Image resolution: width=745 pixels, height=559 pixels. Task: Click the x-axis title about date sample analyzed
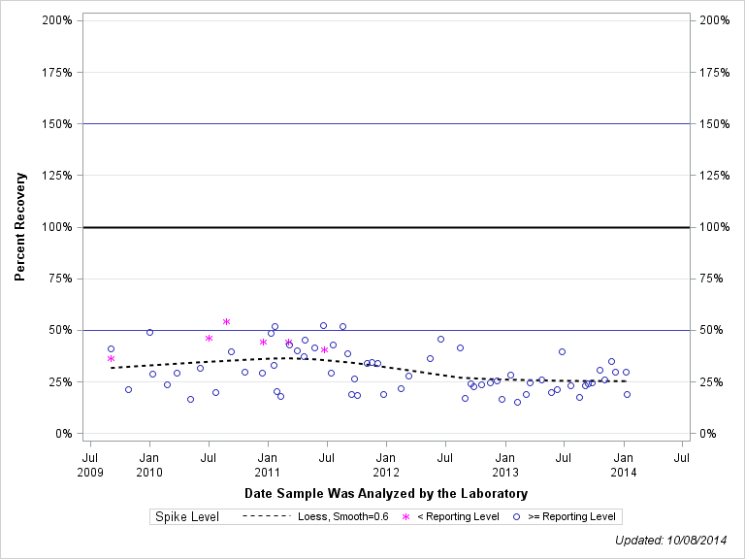pos(386,493)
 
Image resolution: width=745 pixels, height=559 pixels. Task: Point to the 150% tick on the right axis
pos(716,123)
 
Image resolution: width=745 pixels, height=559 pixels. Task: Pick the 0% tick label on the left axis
pos(63,434)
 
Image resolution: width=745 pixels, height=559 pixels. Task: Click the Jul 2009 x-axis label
pos(90,464)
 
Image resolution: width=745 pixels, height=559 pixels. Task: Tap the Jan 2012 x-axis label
pos(386,464)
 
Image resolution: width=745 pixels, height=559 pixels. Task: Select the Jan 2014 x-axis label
pos(624,464)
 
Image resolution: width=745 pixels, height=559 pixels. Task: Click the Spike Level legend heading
pos(187,517)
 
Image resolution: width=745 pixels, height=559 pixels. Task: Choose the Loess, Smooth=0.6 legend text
pos(343,517)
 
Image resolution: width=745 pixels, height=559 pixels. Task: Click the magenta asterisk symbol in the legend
pos(405,517)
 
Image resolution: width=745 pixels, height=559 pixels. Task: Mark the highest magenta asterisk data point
pos(226,321)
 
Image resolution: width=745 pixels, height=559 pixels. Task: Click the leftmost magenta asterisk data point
pos(111,359)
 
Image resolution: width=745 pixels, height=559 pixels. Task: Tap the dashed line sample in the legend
pos(265,517)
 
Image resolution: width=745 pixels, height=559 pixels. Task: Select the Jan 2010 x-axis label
pos(149,464)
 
